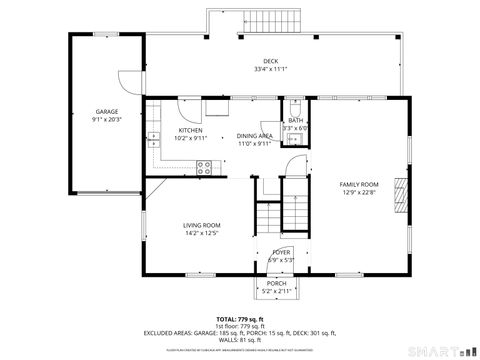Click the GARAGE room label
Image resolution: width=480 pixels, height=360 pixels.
point(107,111)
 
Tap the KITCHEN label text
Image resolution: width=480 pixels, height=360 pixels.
point(190,130)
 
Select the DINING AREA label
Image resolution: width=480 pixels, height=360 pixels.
point(254,135)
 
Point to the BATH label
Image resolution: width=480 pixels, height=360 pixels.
point(296,120)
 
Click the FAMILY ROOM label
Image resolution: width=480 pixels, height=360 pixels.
point(358,184)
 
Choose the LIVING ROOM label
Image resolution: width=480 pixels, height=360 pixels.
point(201,225)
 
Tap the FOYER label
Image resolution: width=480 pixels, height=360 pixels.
point(281,252)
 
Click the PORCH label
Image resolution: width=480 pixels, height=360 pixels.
point(276,283)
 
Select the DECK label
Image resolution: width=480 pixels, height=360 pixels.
point(271,61)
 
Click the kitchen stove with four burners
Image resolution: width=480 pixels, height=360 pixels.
point(203,167)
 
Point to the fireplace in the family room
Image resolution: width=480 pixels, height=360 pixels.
point(400,195)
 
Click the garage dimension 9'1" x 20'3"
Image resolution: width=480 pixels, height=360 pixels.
point(107,119)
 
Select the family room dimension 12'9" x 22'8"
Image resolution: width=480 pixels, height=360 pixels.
point(358,193)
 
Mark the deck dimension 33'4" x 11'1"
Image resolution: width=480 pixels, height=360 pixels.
point(271,69)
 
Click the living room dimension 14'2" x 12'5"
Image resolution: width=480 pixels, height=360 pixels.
point(201,234)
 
